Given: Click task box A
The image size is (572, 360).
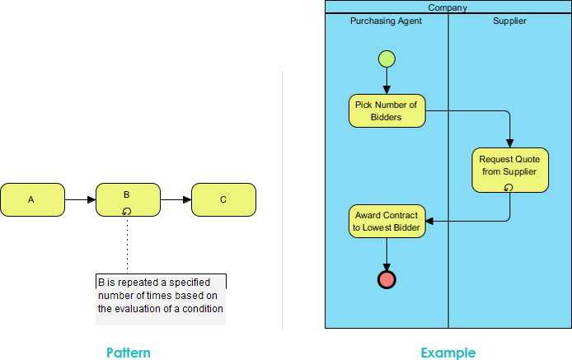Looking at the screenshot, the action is coord(32,199).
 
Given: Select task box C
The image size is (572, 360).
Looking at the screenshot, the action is coord(223,199).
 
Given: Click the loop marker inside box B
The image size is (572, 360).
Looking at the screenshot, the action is coord(127,211).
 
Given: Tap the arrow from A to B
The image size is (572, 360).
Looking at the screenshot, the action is coord(80,199).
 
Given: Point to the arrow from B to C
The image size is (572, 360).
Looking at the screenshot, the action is coord(176,199).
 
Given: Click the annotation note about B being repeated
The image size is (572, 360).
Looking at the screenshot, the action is coord(161,299).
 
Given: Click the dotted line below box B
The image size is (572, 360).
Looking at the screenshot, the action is coord(127,245).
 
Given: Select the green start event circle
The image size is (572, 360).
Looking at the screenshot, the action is coord(387,58).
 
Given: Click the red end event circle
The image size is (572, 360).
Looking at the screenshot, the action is coord(387,280).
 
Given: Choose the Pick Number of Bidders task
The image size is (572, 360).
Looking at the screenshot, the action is coord(387,111).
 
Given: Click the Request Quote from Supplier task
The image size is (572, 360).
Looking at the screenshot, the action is coord(510,170).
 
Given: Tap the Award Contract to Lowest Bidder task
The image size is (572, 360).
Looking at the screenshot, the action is coord(387,221).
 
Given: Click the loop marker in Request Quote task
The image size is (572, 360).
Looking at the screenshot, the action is coord(509,188).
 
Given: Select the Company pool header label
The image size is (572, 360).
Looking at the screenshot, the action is coord(448,7).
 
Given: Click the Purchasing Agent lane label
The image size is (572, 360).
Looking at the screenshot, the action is coord(386,21).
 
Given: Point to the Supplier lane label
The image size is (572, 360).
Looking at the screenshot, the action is coord(509,21).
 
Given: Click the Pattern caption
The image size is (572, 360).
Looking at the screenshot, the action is coord(129,353).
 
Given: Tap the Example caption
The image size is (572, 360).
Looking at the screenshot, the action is coord(448,353).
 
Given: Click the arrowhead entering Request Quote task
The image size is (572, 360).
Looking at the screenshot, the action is coord(510,143).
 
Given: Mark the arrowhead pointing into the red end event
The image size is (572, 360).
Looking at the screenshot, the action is coord(387,268).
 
